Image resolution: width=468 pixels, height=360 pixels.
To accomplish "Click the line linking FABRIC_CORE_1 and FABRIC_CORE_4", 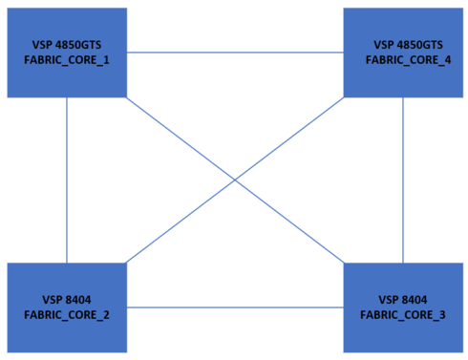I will [235, 53].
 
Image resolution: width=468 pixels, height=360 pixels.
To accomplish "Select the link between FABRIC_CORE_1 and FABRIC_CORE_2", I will [67, 180].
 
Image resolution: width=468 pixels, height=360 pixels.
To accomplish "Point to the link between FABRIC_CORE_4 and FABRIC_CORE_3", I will [402, 180].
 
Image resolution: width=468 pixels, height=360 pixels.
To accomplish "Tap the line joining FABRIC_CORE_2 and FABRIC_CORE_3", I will [235, 307].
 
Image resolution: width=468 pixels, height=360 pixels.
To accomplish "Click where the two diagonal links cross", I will [235, 180].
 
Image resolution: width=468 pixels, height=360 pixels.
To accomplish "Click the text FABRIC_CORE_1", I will [67, 60].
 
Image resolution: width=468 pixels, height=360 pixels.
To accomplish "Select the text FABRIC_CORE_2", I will [67, 314].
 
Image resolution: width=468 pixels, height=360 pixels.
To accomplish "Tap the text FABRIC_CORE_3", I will [402, 314].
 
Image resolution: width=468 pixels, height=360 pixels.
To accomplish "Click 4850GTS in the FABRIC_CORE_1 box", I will [81, 45].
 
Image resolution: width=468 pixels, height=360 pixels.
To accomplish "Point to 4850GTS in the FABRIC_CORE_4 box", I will [421, 45].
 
